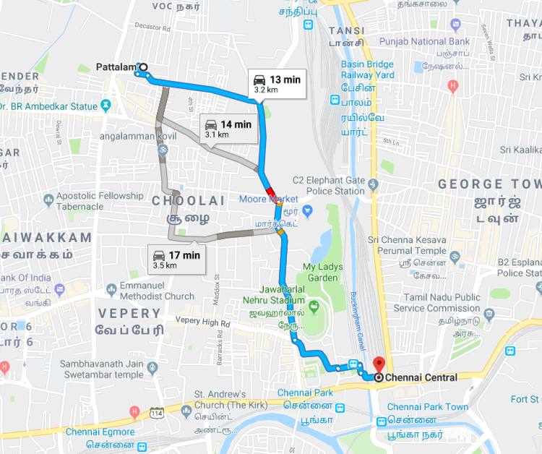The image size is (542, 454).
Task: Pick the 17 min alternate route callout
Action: pyautogui.click(x=175, y=259)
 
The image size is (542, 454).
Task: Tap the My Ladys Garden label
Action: pyautogui.click(x=322, y=272)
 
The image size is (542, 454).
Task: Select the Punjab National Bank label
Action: pyautogui.click(x=419, y=41)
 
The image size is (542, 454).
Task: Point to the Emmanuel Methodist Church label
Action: pyautogui.click(x=158, y=290)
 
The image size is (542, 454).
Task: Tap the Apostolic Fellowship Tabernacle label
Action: pyautogui.click(x=93, y=200)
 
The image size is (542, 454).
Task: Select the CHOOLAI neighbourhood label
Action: pyautogui.click(x=189, y=200)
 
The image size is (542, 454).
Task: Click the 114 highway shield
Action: pyautogui.click(x=156, y=413)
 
